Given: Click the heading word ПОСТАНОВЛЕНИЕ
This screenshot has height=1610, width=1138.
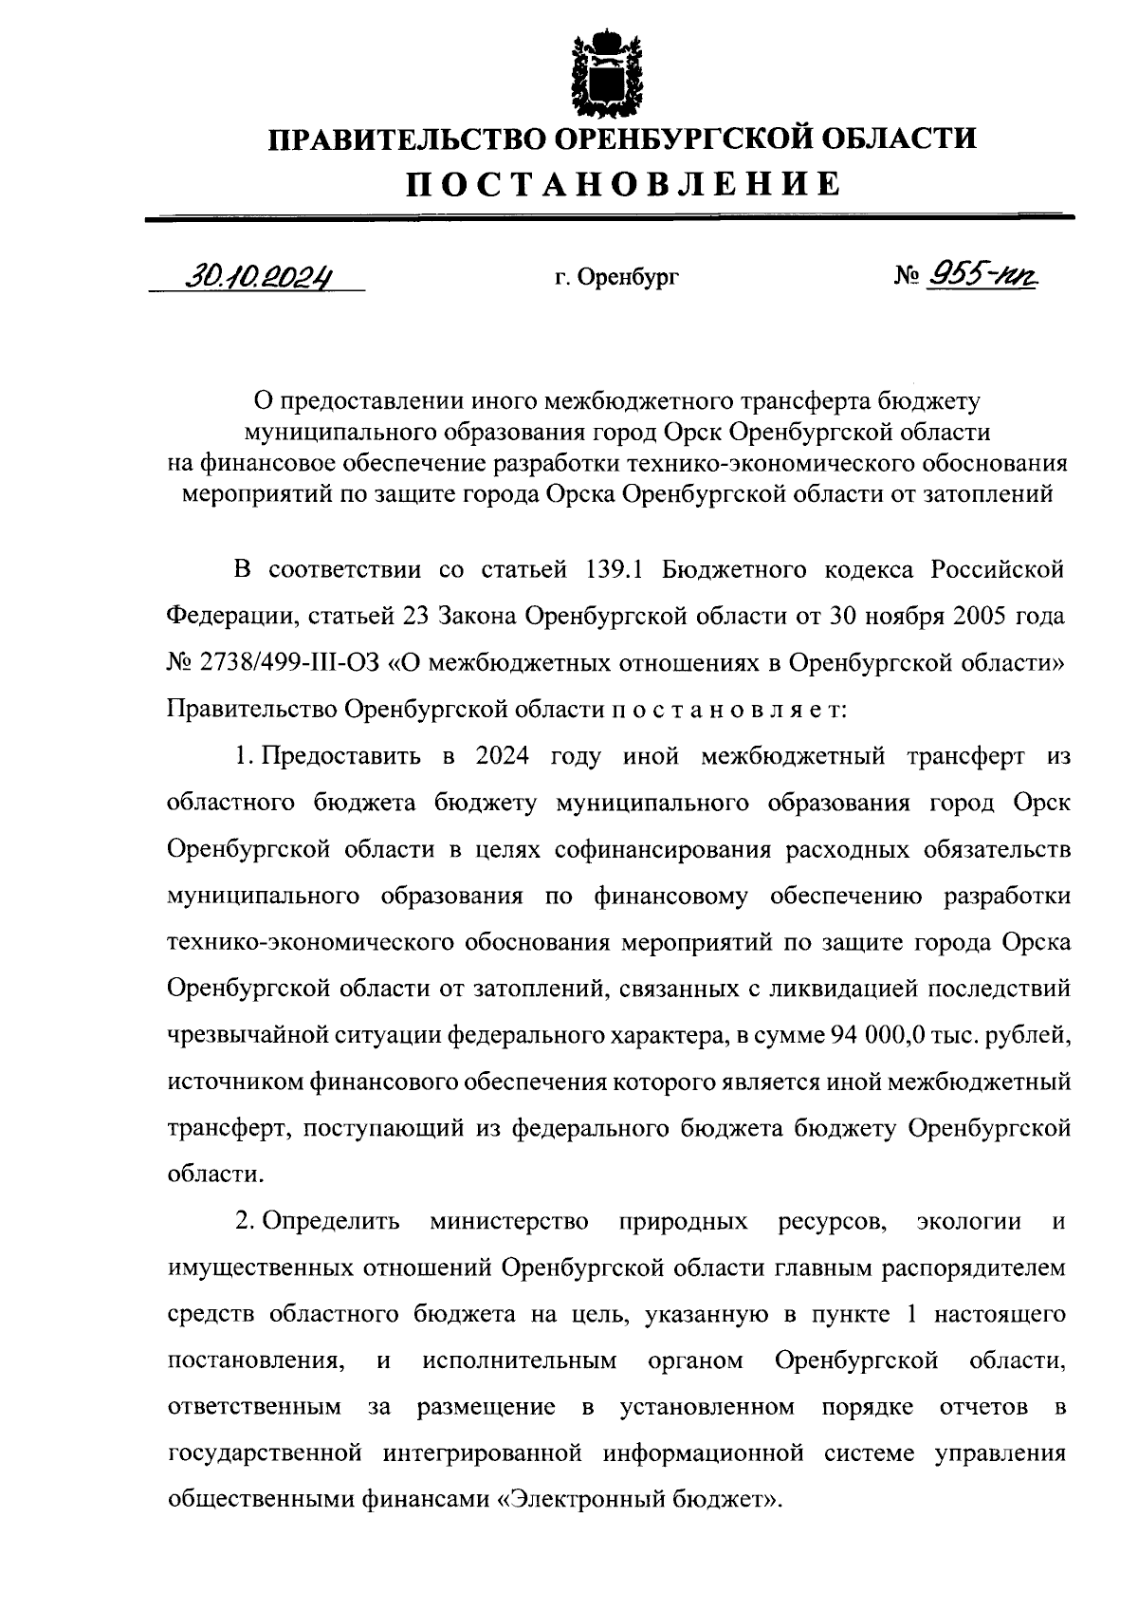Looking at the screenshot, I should tap(623, 183).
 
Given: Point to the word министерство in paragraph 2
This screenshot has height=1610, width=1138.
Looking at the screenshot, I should tap(508, 1221).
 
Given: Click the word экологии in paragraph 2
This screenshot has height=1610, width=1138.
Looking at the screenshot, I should tap(968, 1221).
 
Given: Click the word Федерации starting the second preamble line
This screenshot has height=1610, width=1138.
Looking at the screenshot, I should tap(223, 617).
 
